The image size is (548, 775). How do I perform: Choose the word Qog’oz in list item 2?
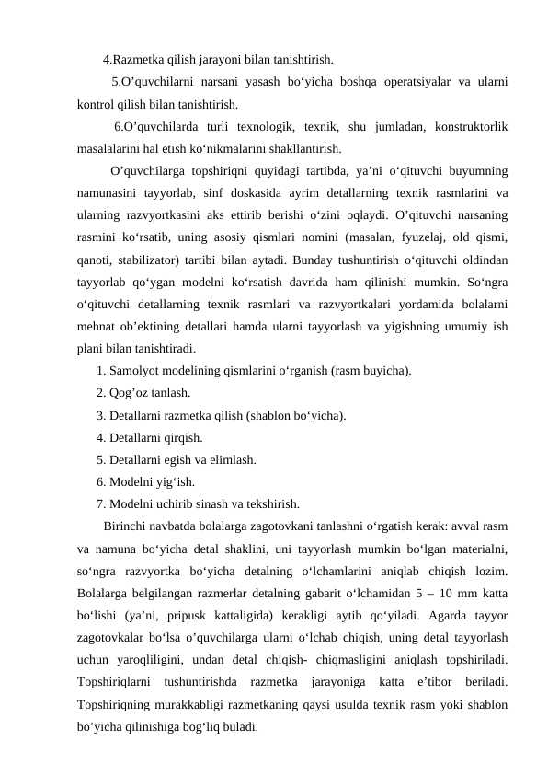[128, 393]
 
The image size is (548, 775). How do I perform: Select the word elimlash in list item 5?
[232, 459]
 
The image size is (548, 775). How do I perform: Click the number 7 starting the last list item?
[99, 503]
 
